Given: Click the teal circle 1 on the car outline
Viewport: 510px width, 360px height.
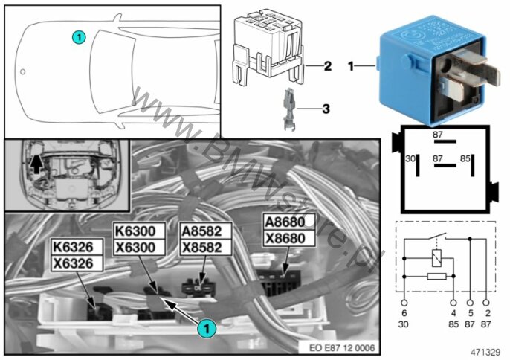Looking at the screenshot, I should tap(80, 36).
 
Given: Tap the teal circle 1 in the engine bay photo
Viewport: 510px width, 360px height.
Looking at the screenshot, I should tap(206, 326).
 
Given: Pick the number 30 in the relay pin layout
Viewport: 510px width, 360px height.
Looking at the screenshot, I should tap(408, 158).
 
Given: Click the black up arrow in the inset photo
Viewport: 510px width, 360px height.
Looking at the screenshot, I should tap(35, 162).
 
